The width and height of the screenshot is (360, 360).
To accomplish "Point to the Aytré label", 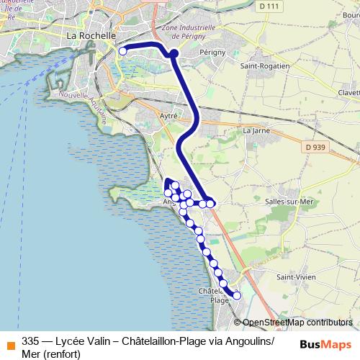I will pyautogui.click(x=168, y=114).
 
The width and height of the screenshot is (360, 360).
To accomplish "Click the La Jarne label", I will pyautogui.click(x=256, y=130).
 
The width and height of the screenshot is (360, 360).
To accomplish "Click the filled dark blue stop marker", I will pyautogui.click(x=174, y=53).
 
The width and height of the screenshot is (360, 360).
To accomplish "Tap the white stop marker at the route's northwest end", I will pyautogui.click(x=123, y=51).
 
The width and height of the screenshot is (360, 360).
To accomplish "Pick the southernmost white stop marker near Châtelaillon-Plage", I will pyautogui.click(x=236, y=295).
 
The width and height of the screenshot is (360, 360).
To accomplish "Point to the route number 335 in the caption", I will pyautogui.click(x=30, y=341).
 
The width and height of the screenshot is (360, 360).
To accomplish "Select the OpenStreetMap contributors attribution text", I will pyautogui.click(x=297, y=323).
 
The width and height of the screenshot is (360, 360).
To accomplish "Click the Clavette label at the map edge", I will pyautogui.click(x=348, y=92).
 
